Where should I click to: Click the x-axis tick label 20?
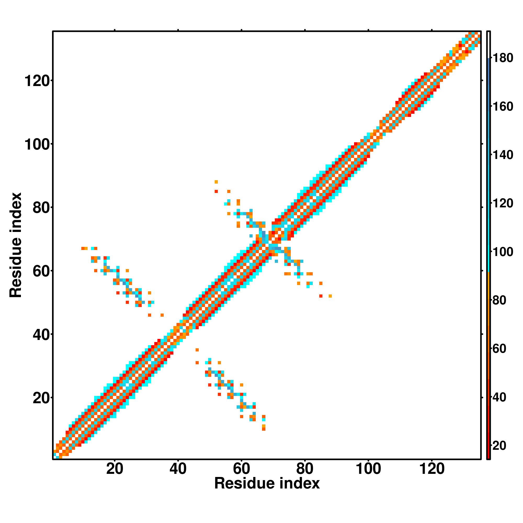coord(115,469)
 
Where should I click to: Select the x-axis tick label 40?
coord(178,469)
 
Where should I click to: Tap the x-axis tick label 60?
coord(241,469)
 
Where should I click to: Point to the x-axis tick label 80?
coord(305,469)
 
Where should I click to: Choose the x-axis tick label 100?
coord(368,469)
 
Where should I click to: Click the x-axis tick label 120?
coord(431,469)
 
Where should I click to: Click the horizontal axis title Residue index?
coord(267,484)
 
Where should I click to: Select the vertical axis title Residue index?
coord(15,245)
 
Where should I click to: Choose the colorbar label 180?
coord(503,58)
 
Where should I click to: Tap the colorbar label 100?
coord(503,252)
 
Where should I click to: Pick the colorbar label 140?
coord(503,155)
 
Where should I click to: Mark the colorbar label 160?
coord(503,107)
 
